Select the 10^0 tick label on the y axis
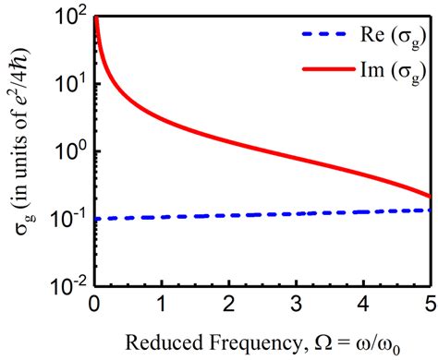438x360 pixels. (70, 151)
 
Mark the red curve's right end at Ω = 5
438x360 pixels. (430, 196)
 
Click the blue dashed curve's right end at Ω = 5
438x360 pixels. (430, 210)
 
